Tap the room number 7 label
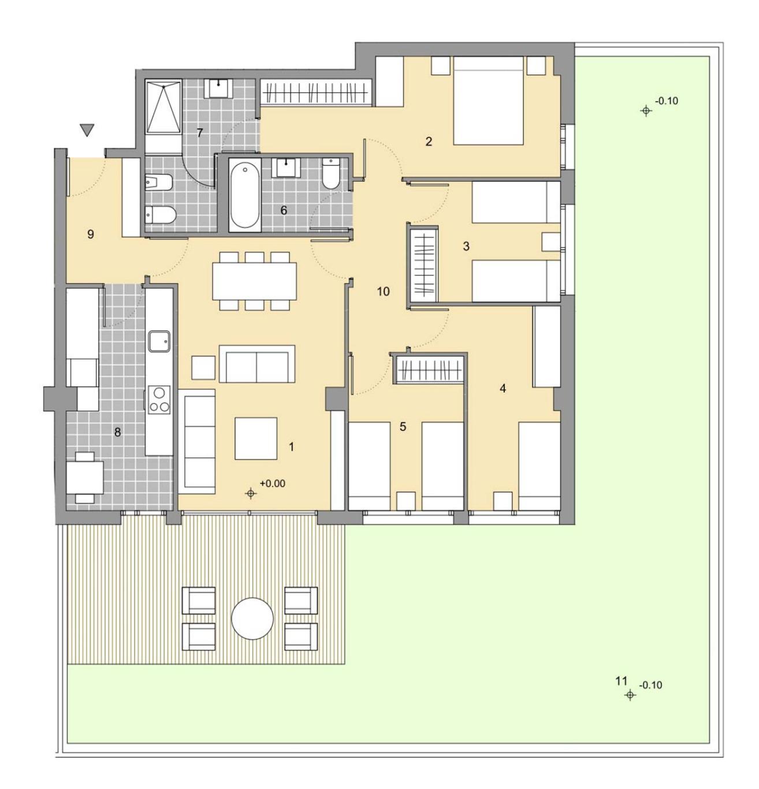(199, 133)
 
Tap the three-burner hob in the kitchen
(159, 400)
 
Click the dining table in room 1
(254, 281)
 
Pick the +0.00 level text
(273, 483)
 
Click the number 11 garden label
(621, 681)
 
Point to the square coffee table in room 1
(256, 439)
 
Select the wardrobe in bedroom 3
(423, 265)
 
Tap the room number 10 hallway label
(383, 291)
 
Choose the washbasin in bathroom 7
(218, 88)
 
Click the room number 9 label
(91, 234)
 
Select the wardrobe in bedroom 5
(430, 369)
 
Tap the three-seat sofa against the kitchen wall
(199, 441)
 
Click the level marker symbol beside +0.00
(251, 493)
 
